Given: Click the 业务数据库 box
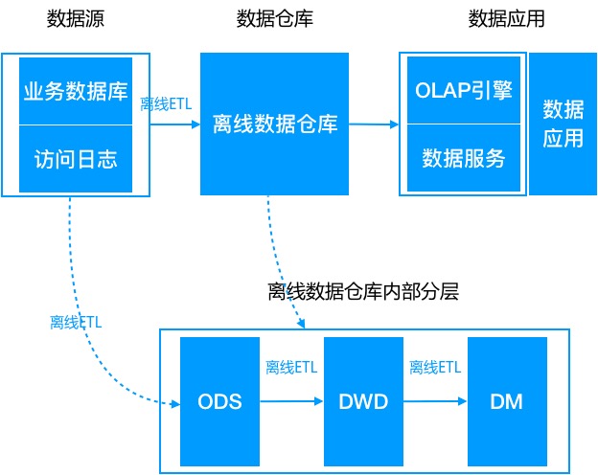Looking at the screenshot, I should tap(76, 92).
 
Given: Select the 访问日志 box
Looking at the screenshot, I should tap(76, 158).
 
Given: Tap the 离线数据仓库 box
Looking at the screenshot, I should tap(275, 124).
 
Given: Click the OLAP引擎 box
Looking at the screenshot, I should tap(463, 91).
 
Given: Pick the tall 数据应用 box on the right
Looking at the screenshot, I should tap(563, 124).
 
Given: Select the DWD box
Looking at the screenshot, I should tap(362, 401).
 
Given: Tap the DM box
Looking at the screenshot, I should tap(506, 401).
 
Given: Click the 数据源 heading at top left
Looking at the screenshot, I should tap(75, 19).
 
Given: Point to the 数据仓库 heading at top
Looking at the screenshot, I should tap(274, 19).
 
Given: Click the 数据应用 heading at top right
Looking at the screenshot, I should tap(506, 19).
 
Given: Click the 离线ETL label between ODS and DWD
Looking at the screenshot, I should tap(291, 368).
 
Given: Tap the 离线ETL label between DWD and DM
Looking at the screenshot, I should tap(435, 368).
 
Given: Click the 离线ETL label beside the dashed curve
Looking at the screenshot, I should tap(76, 323).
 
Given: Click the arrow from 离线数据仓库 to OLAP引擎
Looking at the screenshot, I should tap(375, 124).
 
